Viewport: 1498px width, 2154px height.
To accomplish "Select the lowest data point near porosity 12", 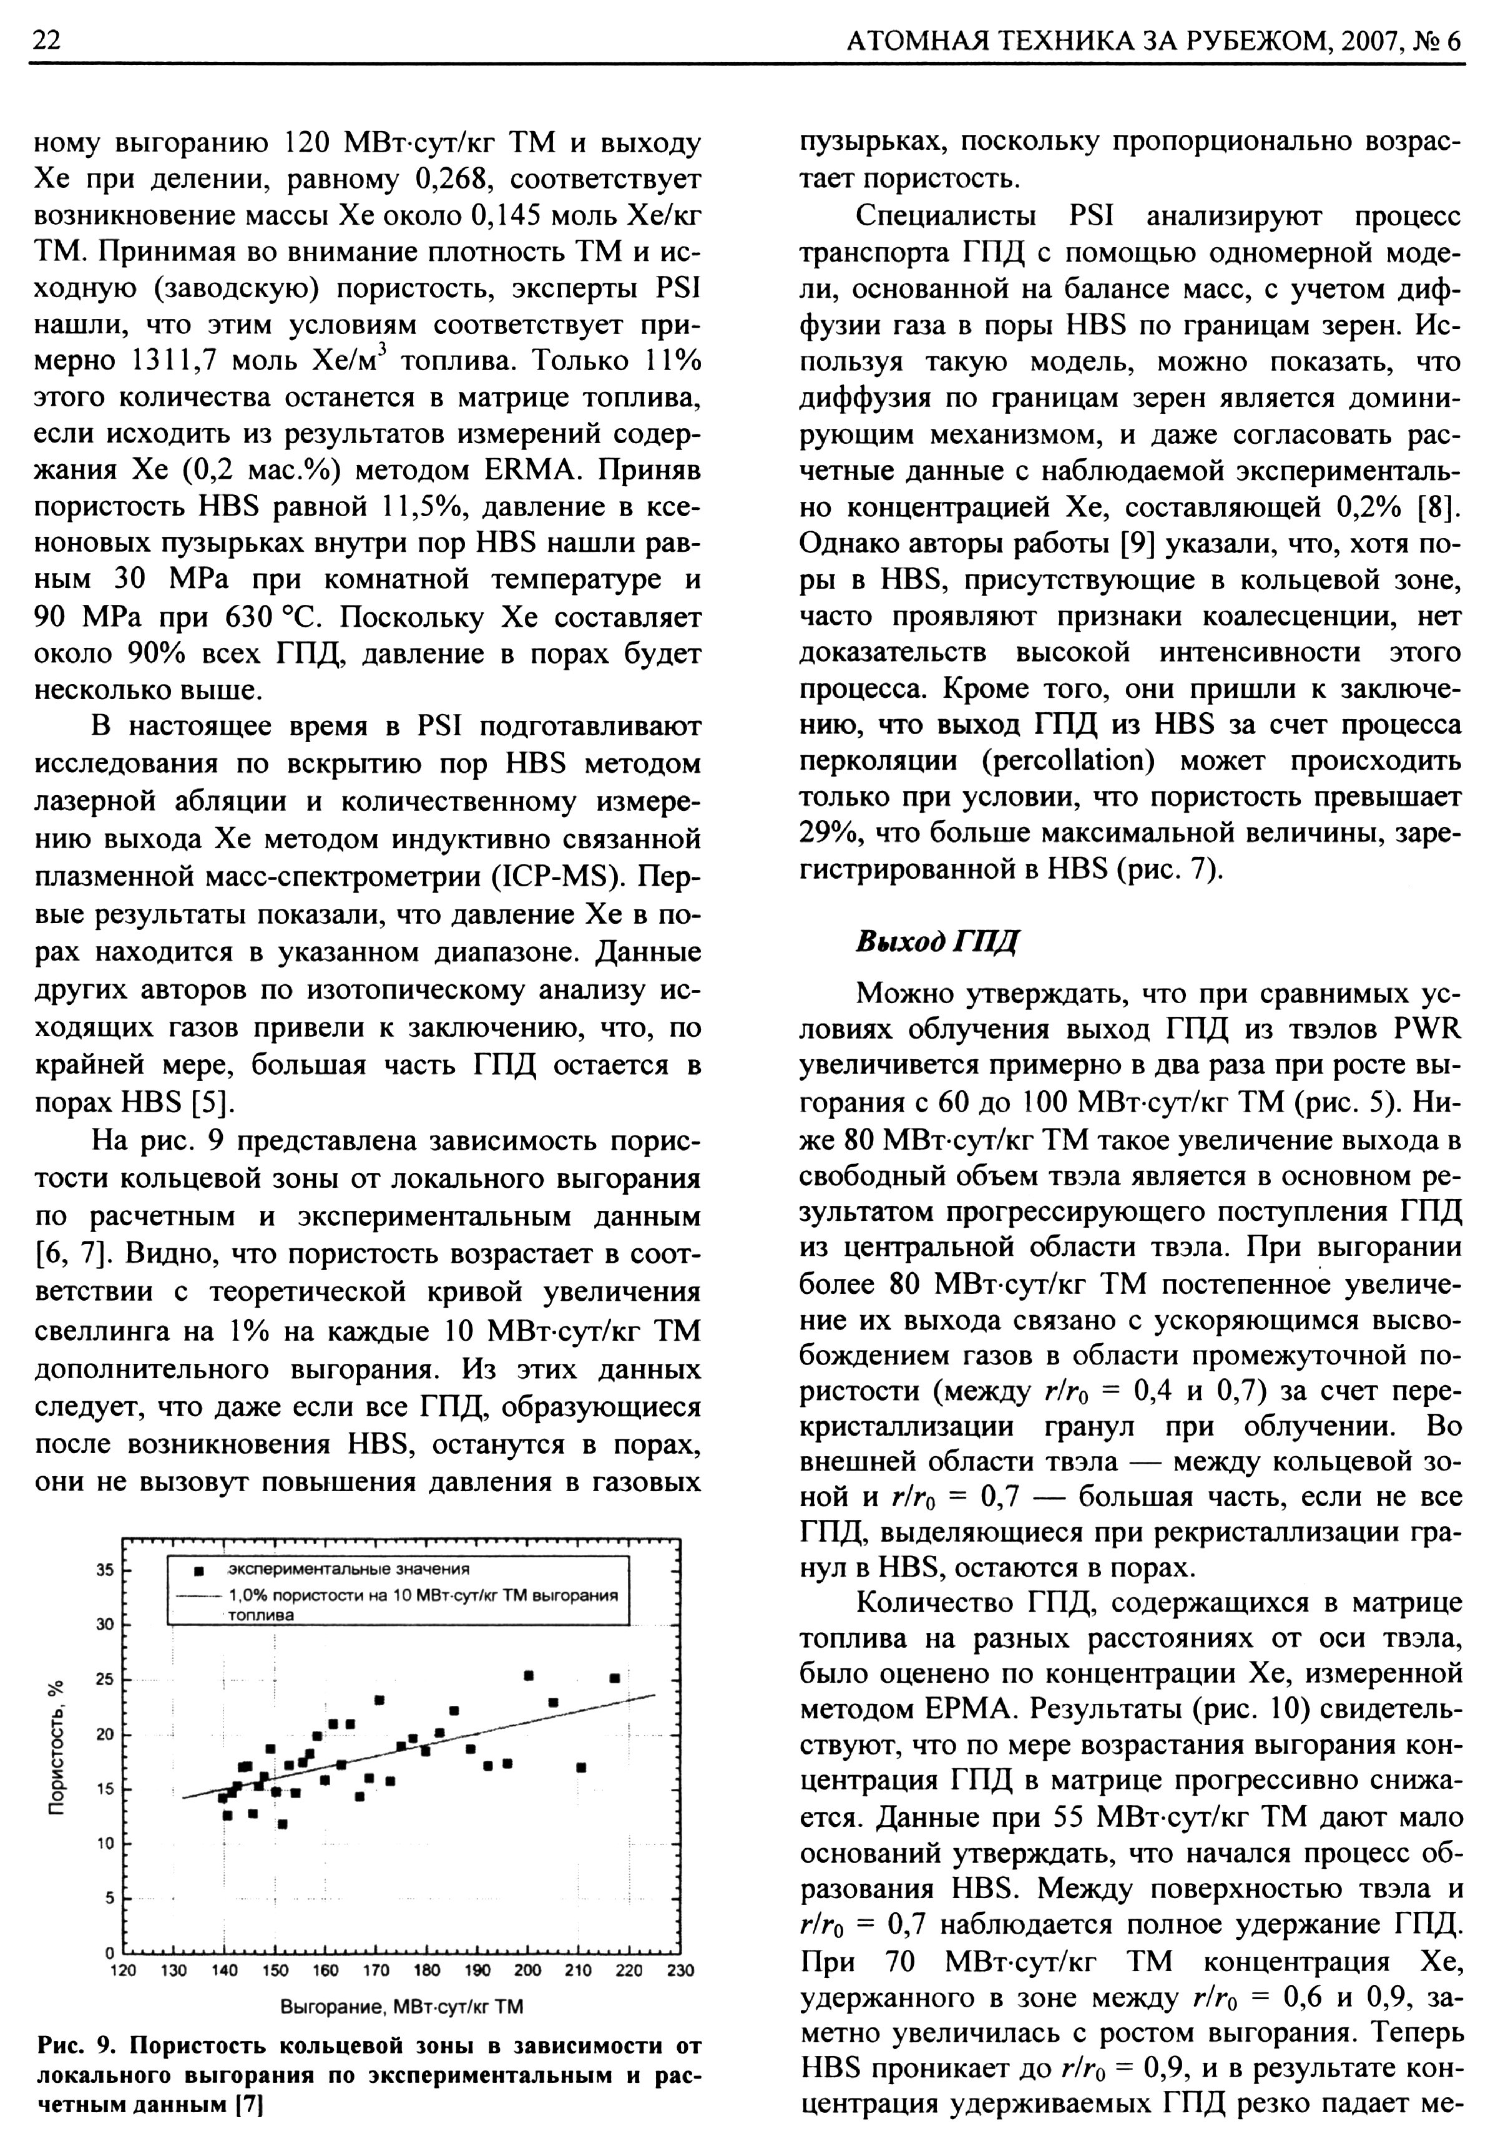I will click(x=282, y=1824).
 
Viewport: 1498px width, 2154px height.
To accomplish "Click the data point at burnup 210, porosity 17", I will click(x=582, y=1768).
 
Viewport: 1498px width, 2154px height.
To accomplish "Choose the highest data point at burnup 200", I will click(x=529, y=1675).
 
